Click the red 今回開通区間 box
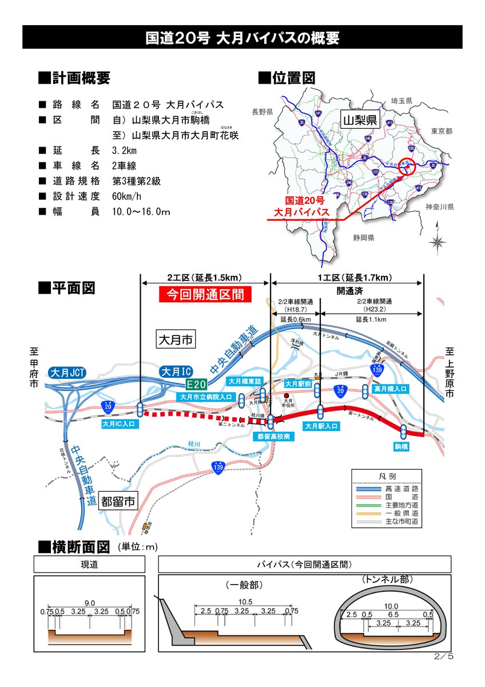(205, 295)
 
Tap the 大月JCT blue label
(67, 373)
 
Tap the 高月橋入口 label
(391, 389)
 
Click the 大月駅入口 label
(321, 427)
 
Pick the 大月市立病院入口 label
(206, 397)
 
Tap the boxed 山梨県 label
(359, 120)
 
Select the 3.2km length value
(125, 151)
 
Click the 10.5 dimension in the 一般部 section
(245, 602)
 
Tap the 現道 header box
(90, 564)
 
